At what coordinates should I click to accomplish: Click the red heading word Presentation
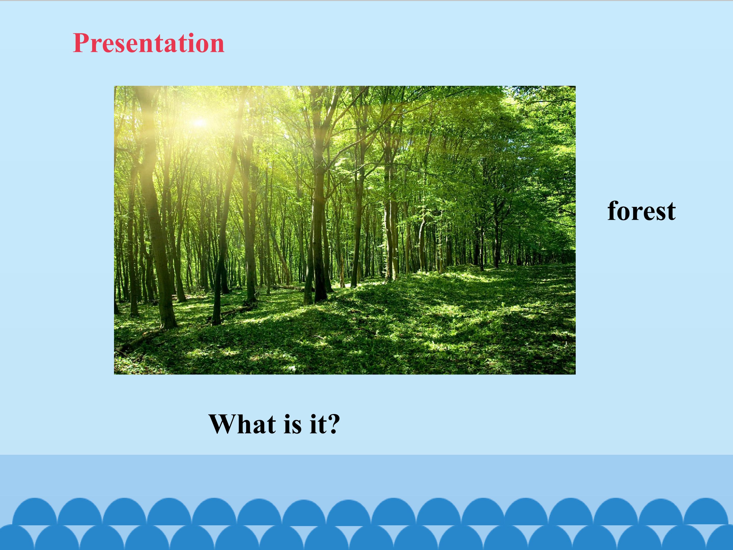click(148, 43)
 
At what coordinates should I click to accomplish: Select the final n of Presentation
click(216, 46)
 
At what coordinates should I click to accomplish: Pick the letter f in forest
click(613, 211)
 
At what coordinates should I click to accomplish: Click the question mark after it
click(332, 424)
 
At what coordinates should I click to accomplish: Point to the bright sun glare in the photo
click(199, 123)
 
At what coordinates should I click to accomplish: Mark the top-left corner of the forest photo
click(114, 86)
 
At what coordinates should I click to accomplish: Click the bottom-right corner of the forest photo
click(576, 375)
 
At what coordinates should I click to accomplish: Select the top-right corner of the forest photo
click(576, 86)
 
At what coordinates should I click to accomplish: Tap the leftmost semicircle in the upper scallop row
click(34, 512)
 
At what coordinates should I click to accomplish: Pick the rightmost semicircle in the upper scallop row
click(706, 512)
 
